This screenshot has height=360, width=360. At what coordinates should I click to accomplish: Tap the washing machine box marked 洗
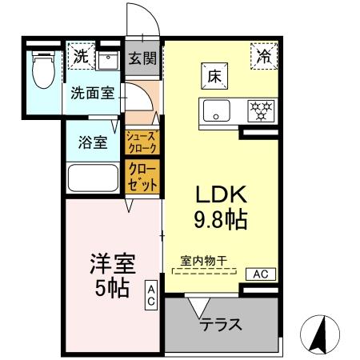(80, 56)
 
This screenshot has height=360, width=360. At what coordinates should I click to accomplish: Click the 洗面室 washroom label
(91, 92)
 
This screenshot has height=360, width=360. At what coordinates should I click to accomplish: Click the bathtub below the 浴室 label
(92, 178)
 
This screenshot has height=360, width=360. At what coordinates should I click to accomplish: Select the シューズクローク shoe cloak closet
(142, 142)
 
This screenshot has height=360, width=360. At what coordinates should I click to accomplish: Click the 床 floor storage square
(214, 79)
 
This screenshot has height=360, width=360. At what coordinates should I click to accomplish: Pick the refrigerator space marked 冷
(263, 55)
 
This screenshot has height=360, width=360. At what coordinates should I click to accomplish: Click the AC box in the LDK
(259, 274)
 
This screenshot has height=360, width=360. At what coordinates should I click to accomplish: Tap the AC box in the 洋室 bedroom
(150, 296)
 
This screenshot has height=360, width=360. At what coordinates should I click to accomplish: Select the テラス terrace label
(222, 326)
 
